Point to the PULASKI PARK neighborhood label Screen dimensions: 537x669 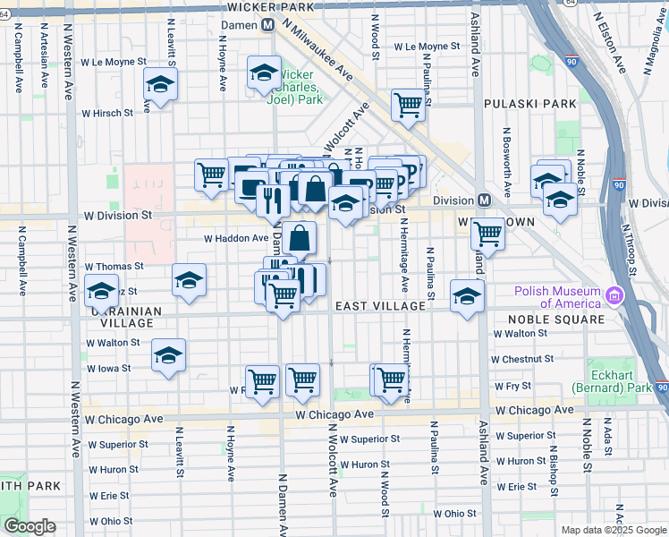pos(529,104)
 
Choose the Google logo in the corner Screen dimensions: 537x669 pos(30,525)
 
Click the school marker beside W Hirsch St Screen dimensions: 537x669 pos(160,85)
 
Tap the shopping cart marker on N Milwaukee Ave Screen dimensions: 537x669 pos(408,104)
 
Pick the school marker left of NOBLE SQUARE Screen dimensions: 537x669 pos(467,295)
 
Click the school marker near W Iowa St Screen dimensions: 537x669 pos(168,355)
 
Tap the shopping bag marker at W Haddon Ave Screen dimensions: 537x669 pos(301,238)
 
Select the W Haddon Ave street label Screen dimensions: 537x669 pos(236,239)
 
